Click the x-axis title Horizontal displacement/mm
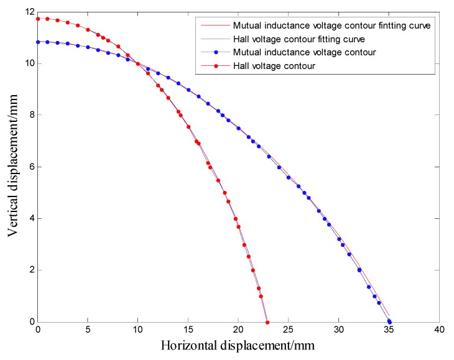[238, 345]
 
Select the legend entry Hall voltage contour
[271, 66]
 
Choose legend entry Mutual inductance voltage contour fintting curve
[331, 26]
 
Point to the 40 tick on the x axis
[439, 329]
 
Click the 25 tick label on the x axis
[289, 329]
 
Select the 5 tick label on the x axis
[88, 329]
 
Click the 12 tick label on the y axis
[29, 12]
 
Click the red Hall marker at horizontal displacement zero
[38, 19]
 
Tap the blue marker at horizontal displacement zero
[38, 42]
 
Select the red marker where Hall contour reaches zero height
[267, 322]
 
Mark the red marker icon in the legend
[213, 66]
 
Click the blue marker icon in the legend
[213, 53]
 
